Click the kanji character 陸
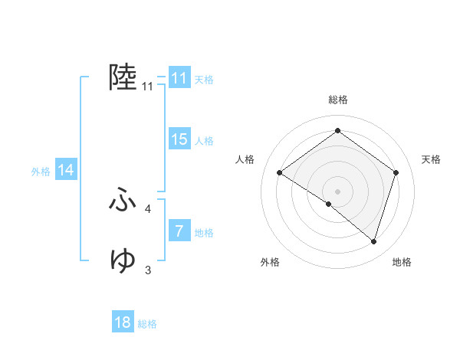click(123, 77)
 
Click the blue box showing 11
click(179, 78)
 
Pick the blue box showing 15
click(179, 139)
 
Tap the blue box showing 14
click(66, 170)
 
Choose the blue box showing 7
click(179, 231)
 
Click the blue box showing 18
click(123, 322)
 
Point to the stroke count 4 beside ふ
click(147, 208)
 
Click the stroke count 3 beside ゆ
click(147, 269)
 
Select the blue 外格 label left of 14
click(41, 172)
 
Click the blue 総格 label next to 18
click(147, 324)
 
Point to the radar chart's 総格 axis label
click(337, 100)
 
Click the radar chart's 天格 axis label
click(431, 159)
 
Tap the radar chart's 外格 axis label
click(270, 263)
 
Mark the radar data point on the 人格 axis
click(280, 173)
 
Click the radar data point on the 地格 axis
click(373, 241)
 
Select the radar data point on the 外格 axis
click(329, 204)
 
